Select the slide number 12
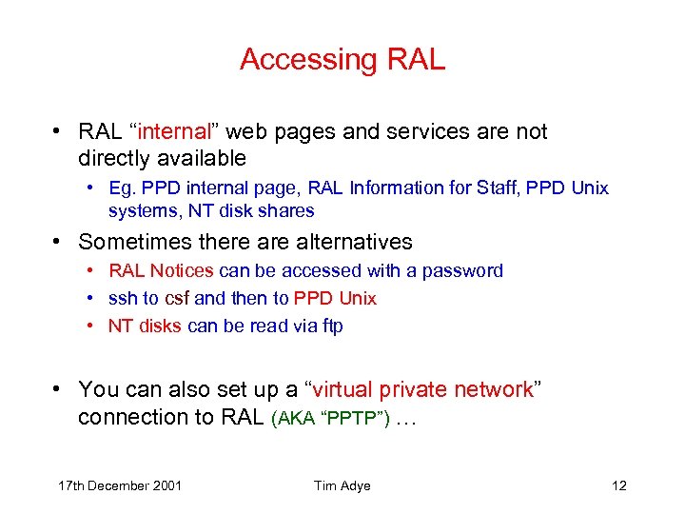coord(619,486)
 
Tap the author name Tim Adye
coord(342,486)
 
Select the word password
coord(462,271)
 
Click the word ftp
coord(331,326)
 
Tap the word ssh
coord(122,299)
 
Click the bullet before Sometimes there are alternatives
coord(59,242)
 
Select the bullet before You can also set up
coord(59,389)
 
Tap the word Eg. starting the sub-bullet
coord(122,188)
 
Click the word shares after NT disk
coord(291,210)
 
